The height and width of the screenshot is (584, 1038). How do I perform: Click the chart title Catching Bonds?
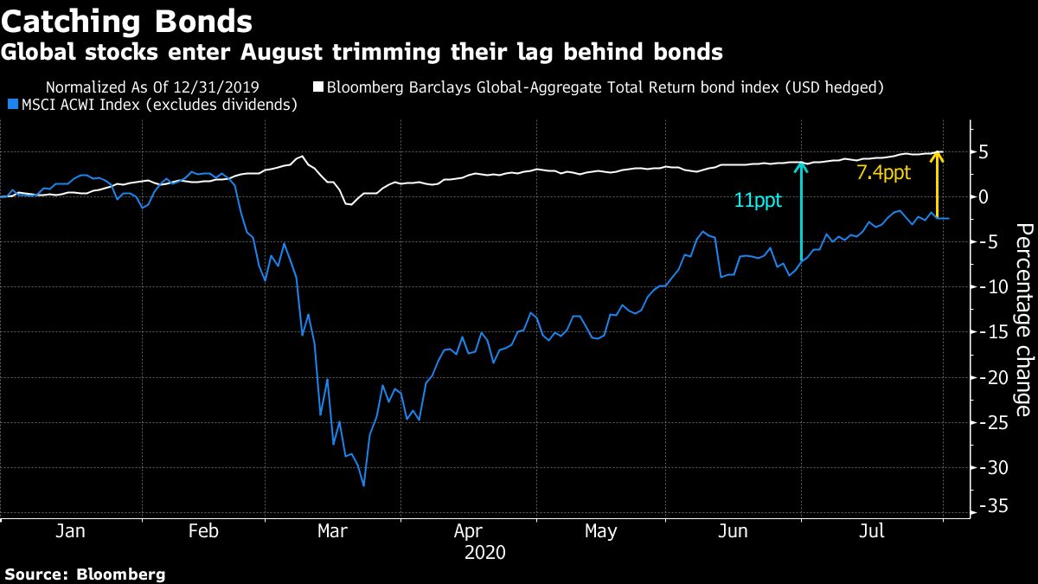(127, 20)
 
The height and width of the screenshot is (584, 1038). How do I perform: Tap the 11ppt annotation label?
(758, 201)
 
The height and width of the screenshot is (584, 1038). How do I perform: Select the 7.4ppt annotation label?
(883, 173)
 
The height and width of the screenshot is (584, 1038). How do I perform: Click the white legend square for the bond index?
(317, 87)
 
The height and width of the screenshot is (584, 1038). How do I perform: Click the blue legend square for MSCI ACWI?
(11, 105)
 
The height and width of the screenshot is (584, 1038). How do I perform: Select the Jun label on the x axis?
(734, 530)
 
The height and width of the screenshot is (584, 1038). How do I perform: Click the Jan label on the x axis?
(70, 530)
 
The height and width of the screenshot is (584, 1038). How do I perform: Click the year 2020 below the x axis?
(484, 551)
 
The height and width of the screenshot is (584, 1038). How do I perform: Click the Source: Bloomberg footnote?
(85, 574)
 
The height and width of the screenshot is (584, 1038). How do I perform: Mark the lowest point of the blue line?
(363, 486)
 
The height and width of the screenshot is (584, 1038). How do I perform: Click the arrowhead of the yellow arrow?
(939, 156)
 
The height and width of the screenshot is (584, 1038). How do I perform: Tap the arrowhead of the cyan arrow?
(802, 165)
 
